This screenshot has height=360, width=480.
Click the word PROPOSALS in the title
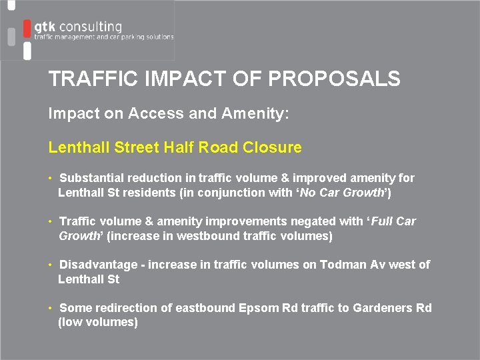334,79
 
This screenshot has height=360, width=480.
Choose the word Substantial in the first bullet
92,178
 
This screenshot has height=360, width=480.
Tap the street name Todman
341,265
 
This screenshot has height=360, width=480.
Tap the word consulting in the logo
90,27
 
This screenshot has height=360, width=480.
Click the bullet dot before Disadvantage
51,265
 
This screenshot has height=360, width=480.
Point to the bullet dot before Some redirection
51,308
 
